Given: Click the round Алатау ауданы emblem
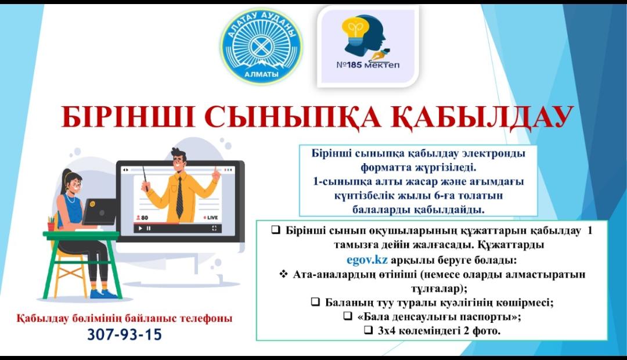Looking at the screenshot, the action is pos(261,46).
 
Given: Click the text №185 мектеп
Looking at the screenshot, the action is pos(368,65).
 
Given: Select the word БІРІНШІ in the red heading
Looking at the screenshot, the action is pos(128,117).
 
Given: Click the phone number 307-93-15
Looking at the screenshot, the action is pos(125,334).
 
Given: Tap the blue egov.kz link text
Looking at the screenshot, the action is pos(367,260).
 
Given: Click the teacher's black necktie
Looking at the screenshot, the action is pos(179,197).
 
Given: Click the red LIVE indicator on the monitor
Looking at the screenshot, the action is pos(211,218).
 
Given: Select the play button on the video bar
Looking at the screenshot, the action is pos(140,228).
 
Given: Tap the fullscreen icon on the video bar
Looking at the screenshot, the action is pos(214,228).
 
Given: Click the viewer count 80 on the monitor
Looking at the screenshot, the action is pos(142,218).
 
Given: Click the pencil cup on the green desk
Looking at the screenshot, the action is pos(51,224).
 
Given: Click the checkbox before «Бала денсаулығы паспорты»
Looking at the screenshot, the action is pos(348,316).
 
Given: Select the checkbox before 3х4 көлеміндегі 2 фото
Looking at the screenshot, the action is pos(368,330).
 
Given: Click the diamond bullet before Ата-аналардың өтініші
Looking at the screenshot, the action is pos(283,274).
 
